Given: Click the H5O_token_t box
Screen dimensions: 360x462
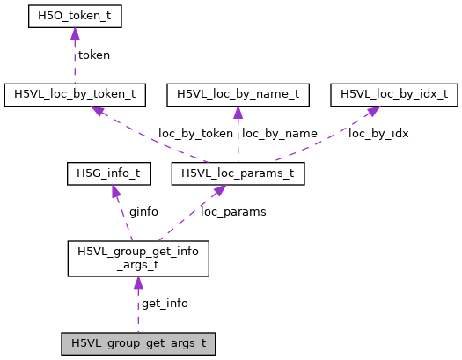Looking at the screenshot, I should click(74, 15).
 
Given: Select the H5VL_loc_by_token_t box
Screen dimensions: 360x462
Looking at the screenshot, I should click(74, 92).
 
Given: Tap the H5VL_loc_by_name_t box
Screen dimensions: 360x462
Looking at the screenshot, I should click(238, 92).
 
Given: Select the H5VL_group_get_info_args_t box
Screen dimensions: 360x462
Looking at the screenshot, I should click(137, 258).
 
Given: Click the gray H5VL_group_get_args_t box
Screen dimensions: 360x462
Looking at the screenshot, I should click(137, 342).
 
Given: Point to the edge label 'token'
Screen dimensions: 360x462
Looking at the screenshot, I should click(94, 55).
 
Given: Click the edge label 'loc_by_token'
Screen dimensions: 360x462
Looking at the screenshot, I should click(195, 134).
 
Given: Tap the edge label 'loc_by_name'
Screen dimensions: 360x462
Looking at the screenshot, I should click(279, 134).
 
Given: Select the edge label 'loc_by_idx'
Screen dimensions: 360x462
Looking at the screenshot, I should click(378, 134).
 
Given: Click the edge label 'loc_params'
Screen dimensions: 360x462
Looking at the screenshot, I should click(233, 212).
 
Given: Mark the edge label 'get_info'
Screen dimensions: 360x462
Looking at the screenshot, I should click(165, 303).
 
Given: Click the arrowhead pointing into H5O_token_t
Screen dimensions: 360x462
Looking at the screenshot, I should click(74, 33).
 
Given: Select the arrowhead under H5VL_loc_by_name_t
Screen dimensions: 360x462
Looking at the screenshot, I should click(238, 112).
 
